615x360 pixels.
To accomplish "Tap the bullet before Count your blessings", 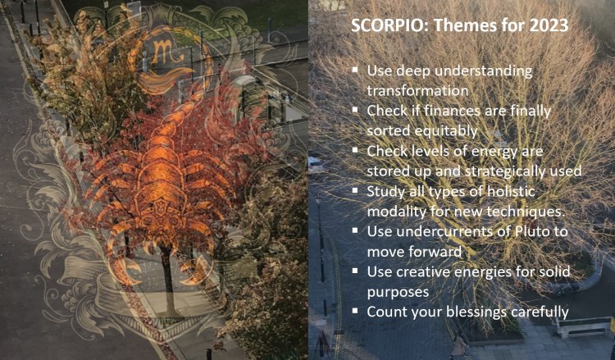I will click(x=354, y=312).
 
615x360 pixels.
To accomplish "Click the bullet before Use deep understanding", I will click(x=354, y=71).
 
